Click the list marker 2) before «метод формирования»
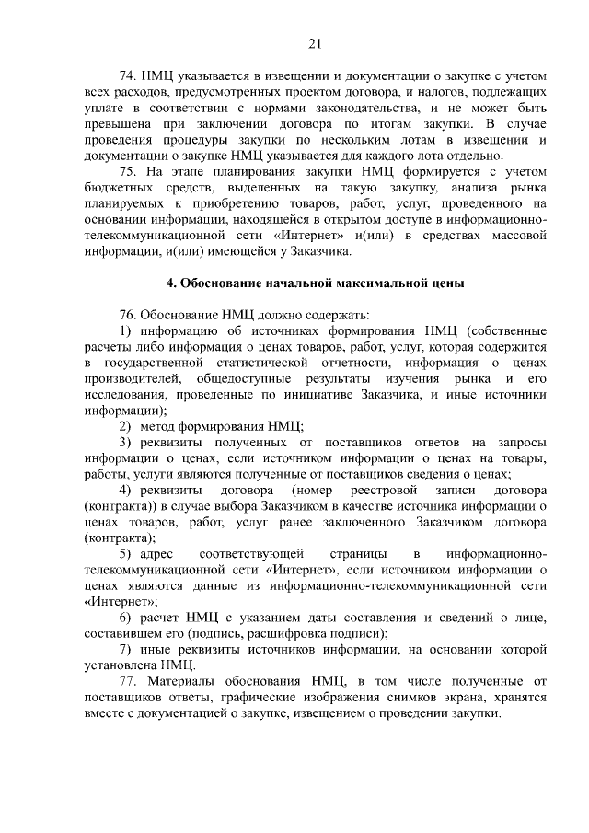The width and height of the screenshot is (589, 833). point(125,426)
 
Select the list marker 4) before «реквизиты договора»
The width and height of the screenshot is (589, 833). point(126,490)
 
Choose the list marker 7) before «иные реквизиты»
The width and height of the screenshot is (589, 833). point(125,649)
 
